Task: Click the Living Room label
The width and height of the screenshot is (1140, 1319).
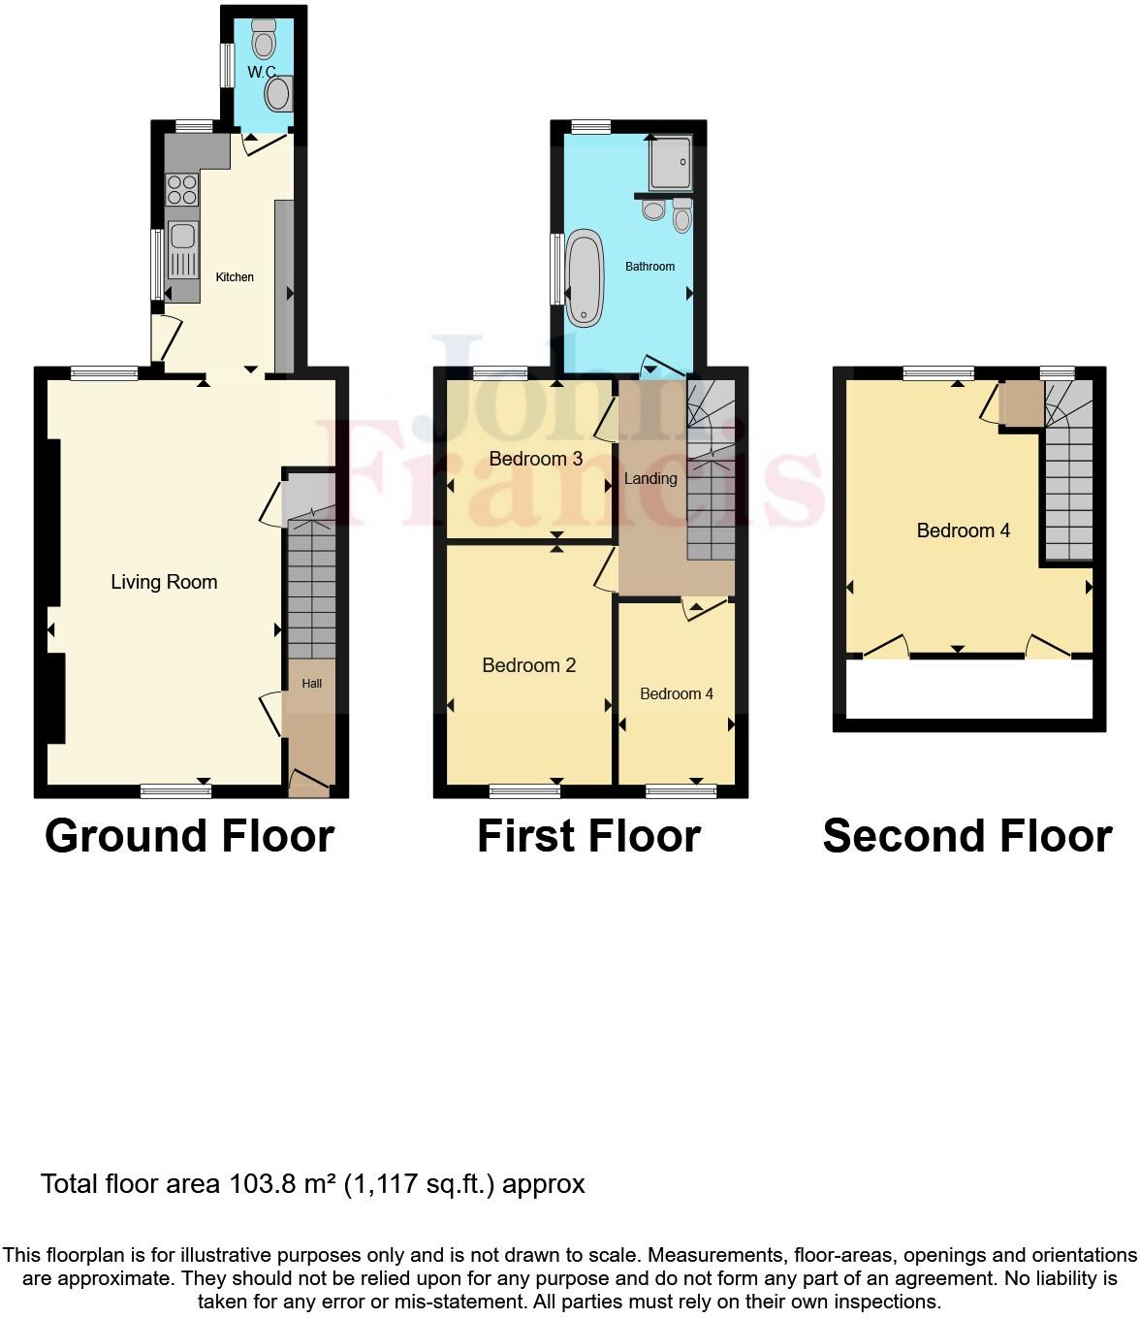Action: click(x=164, y=582)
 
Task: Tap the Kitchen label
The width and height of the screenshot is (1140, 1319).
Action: click(x=235, y=277)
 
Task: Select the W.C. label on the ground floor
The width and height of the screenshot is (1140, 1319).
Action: click(x=262, y=73)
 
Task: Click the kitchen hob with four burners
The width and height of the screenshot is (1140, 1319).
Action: click(x=181, y=188)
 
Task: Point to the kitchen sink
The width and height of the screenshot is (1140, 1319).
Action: click(x=182, y=237)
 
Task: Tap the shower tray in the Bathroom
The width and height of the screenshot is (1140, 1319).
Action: click(x=670, y=160)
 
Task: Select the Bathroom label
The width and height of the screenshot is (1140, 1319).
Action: click(x=649, y=267)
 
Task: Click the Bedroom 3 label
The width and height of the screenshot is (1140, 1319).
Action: click(x=535, y=459)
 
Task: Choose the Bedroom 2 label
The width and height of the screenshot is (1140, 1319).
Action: click(x=528, y=665)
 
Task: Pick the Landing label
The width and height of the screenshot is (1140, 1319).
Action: click(x=650, y=478)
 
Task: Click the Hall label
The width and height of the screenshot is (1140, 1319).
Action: click(x=311, y=684)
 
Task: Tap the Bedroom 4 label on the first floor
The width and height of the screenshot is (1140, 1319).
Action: click(x=677, y=694)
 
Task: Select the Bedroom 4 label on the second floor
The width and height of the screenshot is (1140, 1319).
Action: click(x=963, y=531)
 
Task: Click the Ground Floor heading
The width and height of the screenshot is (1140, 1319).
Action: click(x=189, y=836)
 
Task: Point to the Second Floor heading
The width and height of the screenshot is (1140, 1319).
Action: click(x=966, y=836)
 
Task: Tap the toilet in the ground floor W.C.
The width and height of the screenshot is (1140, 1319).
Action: click(x=264, y=42)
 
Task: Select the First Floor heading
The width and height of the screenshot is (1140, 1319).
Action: click(x=588, y=836)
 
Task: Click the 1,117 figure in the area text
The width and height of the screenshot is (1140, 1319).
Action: click(x=384, y=1184)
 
